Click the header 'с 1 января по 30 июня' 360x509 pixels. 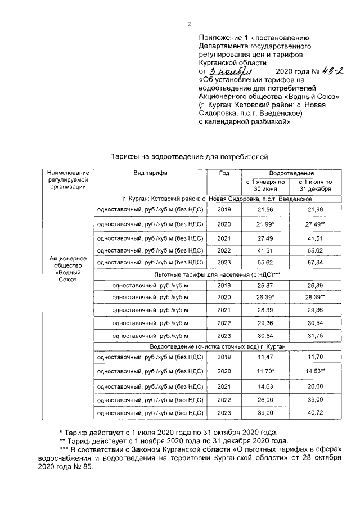(264, 186)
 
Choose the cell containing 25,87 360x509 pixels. (264, 286)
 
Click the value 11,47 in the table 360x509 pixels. (264, 357)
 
